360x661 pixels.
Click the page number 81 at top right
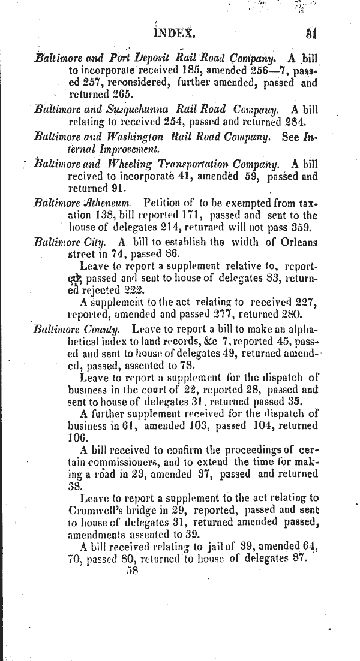click(310, 33)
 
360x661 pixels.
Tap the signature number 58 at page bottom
click(133, 571)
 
